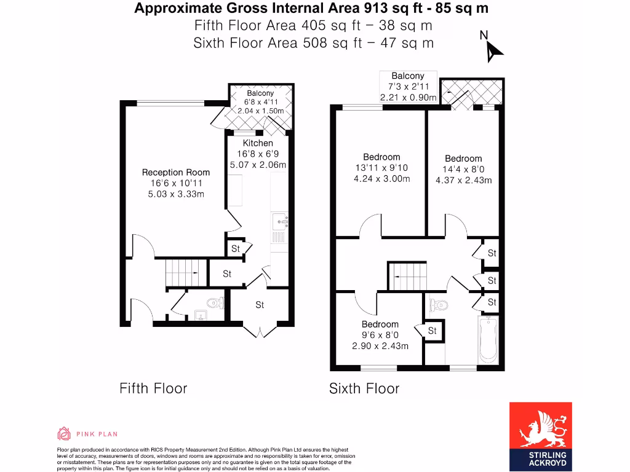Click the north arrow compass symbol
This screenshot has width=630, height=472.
pos(493,49)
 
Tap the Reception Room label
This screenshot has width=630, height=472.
pos(176,173)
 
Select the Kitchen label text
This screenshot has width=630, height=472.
pos(258,143)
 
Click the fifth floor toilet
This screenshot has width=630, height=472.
pos(215,303)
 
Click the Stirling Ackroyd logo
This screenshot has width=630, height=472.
pos(541,436)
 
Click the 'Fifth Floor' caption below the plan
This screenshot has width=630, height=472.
pos(153,388)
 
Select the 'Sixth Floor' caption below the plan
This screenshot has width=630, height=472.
pos(364,388)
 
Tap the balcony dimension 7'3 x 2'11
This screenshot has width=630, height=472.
pos(407,87)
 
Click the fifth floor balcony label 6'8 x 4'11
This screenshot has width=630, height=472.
pos(260,102)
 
